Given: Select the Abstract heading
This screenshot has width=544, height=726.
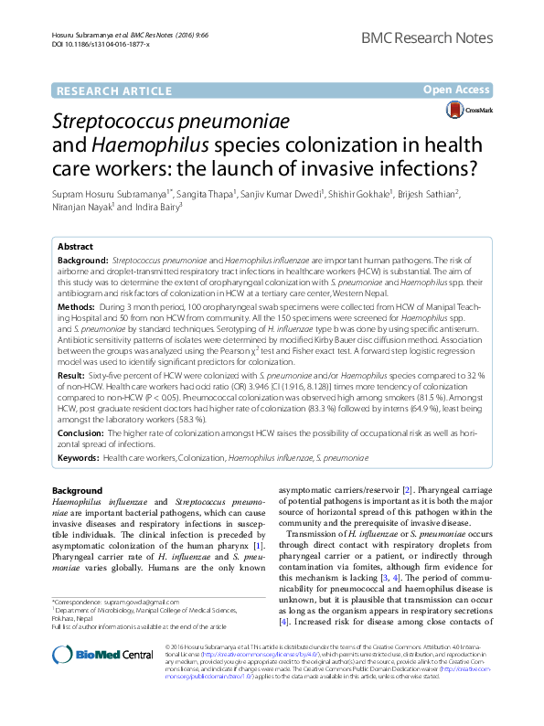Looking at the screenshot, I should [75, 247].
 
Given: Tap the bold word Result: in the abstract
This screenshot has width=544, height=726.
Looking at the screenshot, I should [72, 375].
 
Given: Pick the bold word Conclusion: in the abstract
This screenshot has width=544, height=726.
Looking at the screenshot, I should [82, 432].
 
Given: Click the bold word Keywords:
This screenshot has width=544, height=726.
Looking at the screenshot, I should [79, 455].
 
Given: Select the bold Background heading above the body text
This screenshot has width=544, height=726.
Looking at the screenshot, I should [78, 490].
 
